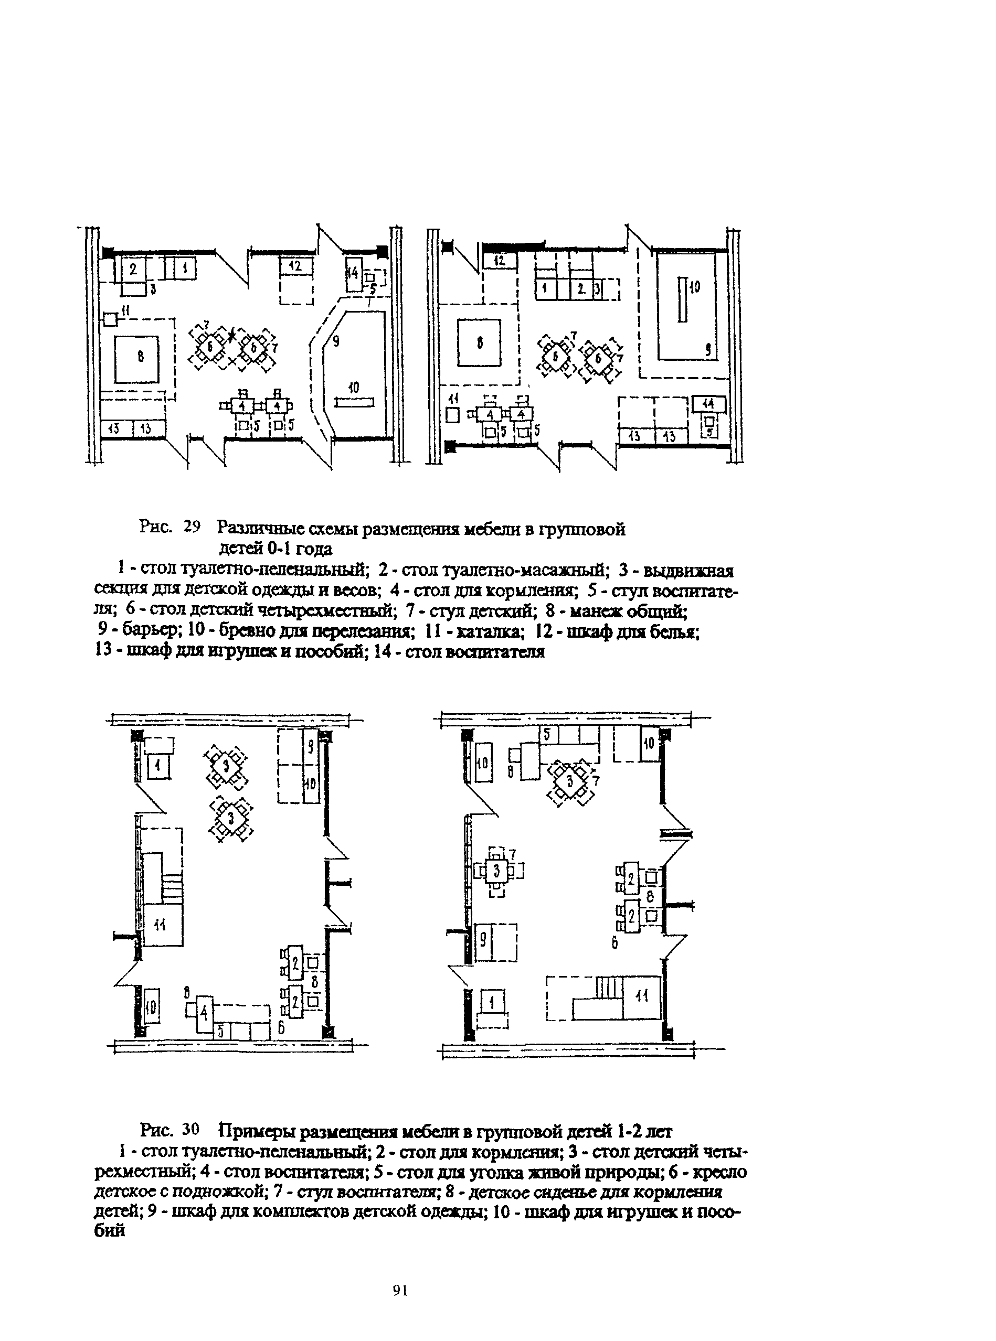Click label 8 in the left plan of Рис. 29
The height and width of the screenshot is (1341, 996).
click(x=140, y=357)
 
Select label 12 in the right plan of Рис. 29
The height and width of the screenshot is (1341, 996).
click(x=499, y=261)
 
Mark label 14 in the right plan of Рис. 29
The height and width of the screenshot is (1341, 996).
click(x=708, y=404)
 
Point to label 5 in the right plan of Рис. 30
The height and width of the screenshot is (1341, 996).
click(x=547, y=734)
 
